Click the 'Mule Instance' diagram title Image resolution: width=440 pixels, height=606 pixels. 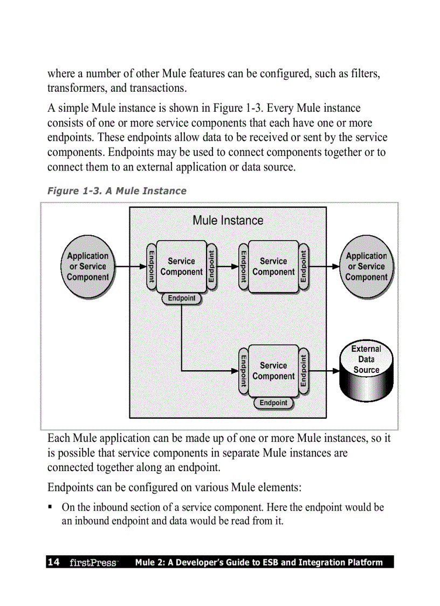[228, 220]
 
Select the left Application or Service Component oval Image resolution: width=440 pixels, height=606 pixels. [88, 267]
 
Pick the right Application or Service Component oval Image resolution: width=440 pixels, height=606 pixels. [366, 267]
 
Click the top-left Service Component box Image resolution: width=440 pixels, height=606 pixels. [181, 267]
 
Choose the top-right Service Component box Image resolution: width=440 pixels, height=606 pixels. [273, 267]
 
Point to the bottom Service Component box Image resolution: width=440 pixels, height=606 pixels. [273, 371]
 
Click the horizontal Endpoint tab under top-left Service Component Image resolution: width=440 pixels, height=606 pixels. [182, 298]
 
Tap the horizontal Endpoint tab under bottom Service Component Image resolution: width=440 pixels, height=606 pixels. [273, 403]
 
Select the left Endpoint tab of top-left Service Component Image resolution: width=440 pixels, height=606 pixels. [152, 267]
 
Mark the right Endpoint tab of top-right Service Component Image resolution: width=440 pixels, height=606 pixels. [304, 267]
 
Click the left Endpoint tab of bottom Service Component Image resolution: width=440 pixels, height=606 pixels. [244, 371]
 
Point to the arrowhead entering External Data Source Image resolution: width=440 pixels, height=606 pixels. [335, 371]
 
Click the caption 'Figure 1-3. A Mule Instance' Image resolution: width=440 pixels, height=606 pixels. [117, 191]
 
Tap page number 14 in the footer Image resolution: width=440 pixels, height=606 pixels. [53, 562]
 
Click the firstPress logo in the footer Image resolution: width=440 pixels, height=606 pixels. [93, 563]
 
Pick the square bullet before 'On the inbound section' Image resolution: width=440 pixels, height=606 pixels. [50, 507]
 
